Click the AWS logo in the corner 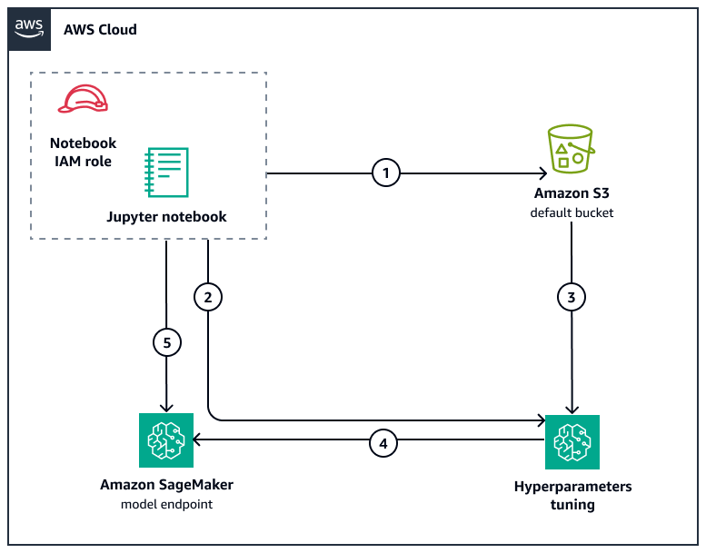point(30,28)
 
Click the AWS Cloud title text point(100,30)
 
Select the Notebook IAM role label point(82,153)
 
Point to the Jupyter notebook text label point(166,217)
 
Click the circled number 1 point(386,172)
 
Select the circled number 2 point(209,296)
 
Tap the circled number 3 point(572,296)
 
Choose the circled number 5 point(166,342)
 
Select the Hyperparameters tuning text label point(572,495)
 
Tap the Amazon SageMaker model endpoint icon point(166,441)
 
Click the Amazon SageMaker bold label point(166,485)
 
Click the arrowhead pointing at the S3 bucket point(542,172)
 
